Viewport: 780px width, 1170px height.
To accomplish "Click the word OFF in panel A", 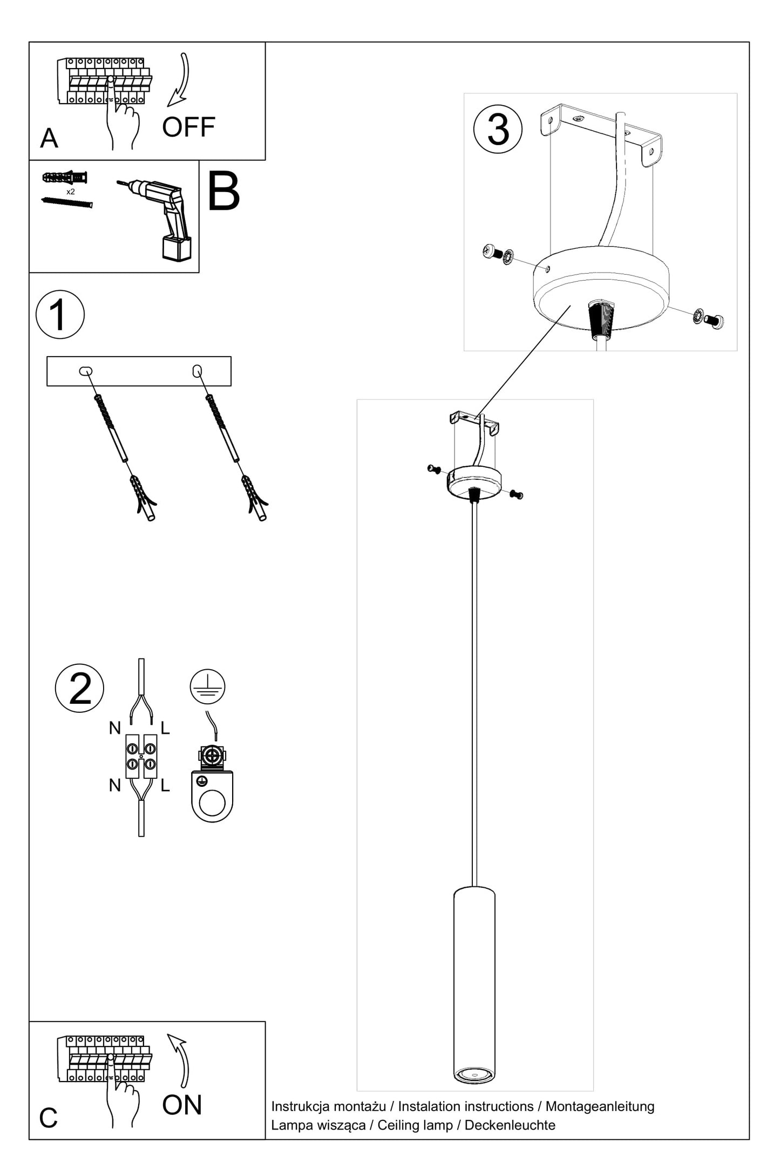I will point(188,127).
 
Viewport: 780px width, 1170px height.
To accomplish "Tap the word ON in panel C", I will point(182,1105).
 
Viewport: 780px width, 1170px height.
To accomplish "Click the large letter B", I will point(223,193).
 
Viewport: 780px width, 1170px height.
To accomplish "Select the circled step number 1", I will point(60,315).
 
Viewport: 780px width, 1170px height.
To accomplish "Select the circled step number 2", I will point(79,688).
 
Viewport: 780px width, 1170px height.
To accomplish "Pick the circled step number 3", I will point(498,129).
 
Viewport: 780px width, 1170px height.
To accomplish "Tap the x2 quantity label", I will point(70,192).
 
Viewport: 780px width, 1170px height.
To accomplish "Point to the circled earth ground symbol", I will point(207,687).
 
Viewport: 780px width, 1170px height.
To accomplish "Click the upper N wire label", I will point(114,729).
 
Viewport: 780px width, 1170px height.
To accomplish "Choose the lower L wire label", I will point(165,785).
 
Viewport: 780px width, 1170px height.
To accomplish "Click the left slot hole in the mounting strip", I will point(85,371).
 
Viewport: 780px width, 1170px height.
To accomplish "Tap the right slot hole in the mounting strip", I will point(197,371).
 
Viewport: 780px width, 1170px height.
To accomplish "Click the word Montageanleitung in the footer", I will point(600,1106).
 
